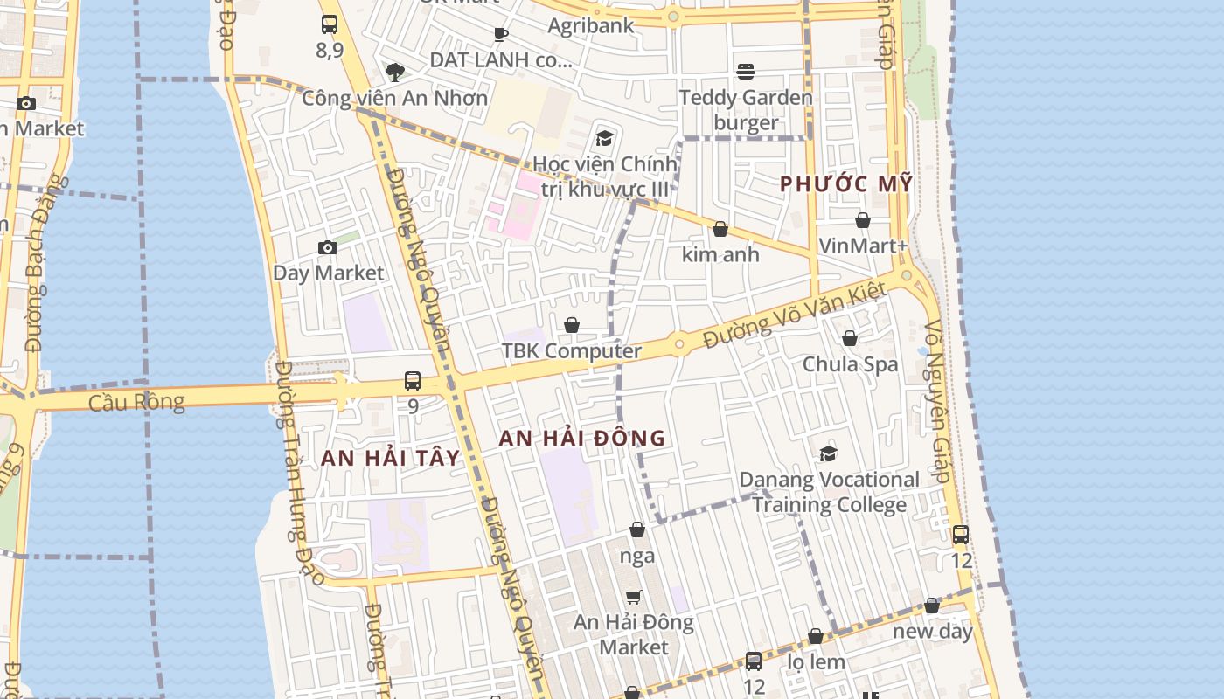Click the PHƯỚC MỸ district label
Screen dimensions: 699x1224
(x=845, y=184)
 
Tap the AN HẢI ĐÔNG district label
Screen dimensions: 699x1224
(x=582, y=439)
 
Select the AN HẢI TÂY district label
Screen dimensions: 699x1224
(x=390, y=458)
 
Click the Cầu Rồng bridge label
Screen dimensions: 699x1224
(x=136, y=402)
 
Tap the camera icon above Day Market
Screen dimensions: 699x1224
(x=328, y=248)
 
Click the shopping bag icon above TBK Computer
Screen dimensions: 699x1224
(x=572, y=325)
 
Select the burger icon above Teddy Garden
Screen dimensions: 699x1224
(x=746, y=71)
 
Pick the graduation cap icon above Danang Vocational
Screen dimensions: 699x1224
(x=828, y=453)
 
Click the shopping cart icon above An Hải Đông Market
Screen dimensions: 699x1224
(x=634, y=597)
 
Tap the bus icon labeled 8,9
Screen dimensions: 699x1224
(x=330, y=24)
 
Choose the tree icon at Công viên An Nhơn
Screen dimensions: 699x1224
(x=395, y=72)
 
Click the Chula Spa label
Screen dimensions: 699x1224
(x=850, y=363)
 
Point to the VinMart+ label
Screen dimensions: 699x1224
(x=862, y=246)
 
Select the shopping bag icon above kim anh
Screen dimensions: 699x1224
(x=720, y=229)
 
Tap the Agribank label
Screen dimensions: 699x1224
(x=590, y=25)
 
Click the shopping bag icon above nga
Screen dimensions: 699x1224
(x=637, y=529)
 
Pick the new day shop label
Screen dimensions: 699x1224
(x=932, y=631)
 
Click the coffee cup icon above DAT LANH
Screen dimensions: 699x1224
(x=501, y=34)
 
